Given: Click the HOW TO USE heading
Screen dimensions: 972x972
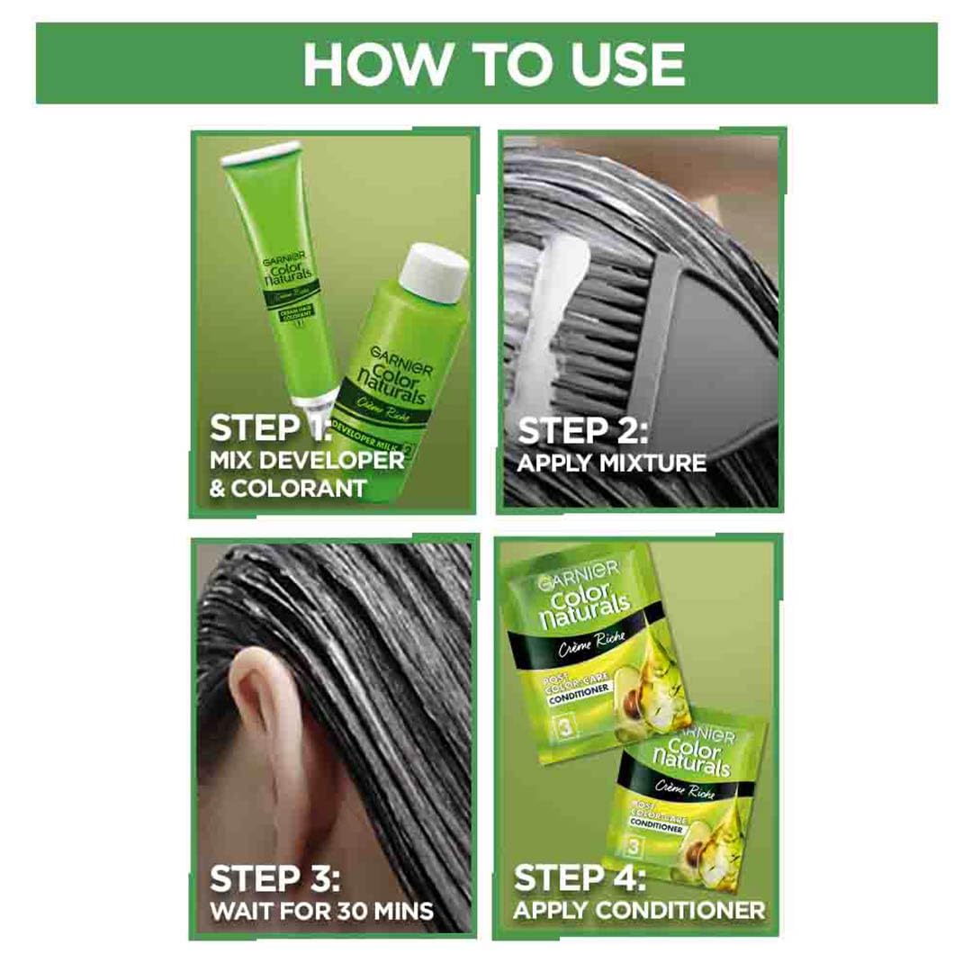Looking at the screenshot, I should coord(493,63).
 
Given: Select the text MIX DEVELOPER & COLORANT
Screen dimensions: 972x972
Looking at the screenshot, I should coord(306,474).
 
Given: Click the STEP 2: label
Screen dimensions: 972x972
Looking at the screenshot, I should coord(583,430).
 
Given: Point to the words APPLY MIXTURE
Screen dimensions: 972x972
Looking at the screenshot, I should coord(612,464).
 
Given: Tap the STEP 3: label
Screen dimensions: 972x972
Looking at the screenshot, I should coord(275,878).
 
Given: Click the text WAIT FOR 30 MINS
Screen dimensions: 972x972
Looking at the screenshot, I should coord(321,911).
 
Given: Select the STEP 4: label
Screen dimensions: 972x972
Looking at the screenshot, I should coord(581,878).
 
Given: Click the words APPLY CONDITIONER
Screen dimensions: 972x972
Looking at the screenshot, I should coord(639,910).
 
